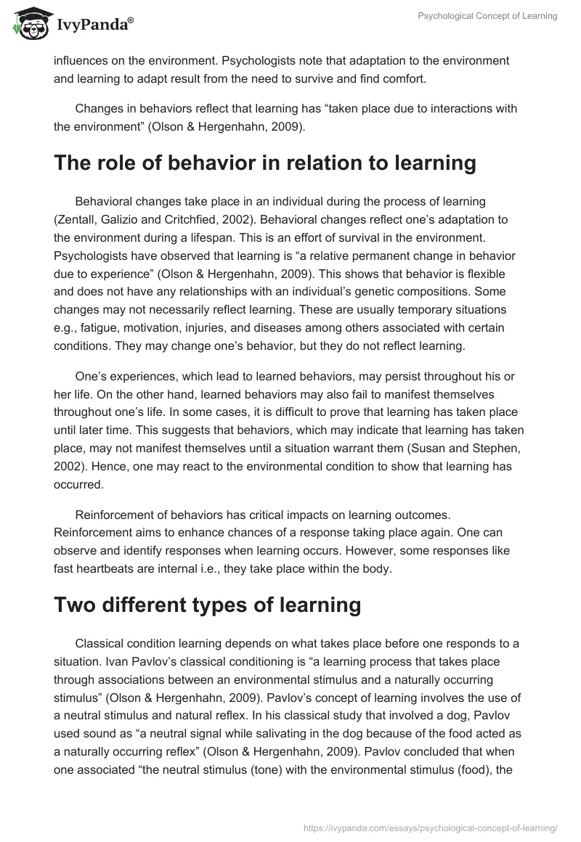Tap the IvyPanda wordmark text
(93, 26)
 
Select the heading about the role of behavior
(264, 163)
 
